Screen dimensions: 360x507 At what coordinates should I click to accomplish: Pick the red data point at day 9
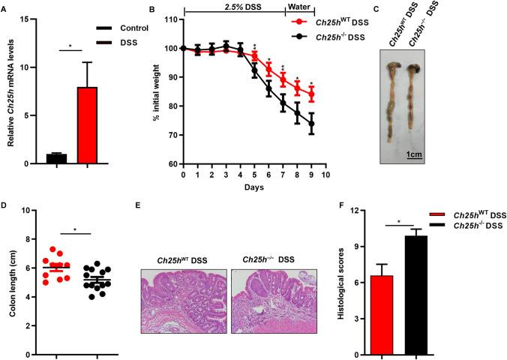pos(311,94)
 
